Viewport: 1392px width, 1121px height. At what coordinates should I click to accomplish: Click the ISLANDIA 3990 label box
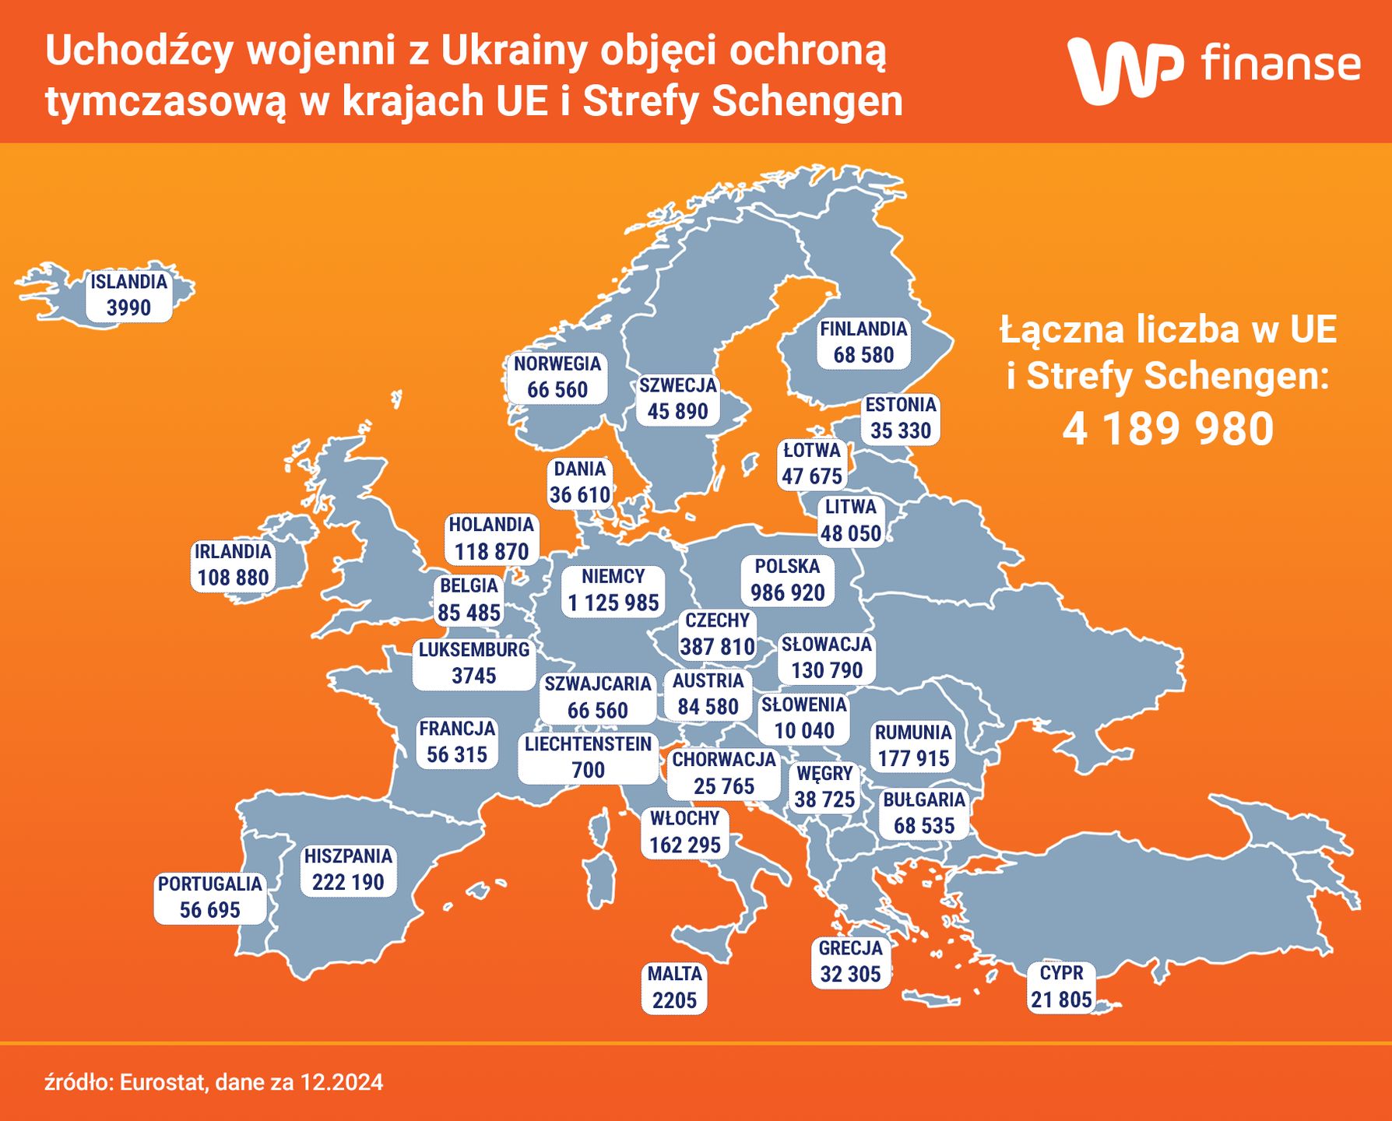128,295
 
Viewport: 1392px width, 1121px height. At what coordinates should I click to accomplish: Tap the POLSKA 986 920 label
787,580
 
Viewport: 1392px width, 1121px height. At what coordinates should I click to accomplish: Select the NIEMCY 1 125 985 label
613,590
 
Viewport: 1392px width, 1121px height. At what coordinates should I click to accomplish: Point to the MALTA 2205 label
674,987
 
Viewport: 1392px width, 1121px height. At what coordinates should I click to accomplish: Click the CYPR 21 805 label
1061,986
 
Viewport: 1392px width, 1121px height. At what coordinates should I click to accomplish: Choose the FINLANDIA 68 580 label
863,343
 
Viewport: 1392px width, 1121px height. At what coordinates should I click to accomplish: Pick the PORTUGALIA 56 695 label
209,897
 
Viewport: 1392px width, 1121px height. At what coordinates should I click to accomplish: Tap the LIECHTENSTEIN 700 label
588,757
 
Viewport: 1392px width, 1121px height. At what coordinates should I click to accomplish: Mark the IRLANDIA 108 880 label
233,565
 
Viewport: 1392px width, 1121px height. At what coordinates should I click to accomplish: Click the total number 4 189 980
1168,429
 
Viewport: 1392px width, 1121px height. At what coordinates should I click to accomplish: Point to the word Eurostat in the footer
163,1083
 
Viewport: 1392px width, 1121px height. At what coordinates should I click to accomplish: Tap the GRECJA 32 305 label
850,961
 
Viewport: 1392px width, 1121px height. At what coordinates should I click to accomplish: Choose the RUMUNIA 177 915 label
913,746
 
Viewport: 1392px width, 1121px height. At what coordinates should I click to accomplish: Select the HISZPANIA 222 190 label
348,870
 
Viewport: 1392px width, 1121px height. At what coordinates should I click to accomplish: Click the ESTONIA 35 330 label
901,418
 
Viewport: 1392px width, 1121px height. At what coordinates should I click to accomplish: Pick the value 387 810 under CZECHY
717,647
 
